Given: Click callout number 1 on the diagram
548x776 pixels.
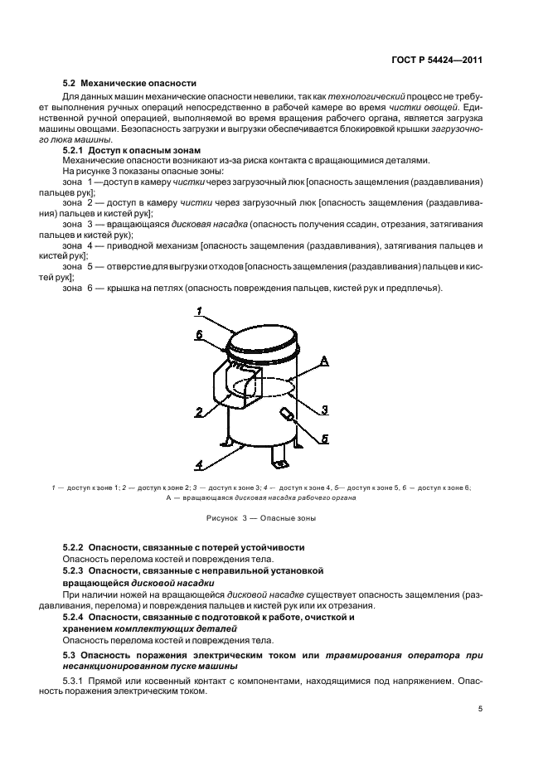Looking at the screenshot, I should pos(200,311).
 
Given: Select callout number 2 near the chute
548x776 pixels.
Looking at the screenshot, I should pos(200,411).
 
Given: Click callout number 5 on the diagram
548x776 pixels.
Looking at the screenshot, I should pos(326,439).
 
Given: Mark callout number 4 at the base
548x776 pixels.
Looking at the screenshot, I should pos(200,464).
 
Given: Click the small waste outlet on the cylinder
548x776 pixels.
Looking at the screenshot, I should pos(286,415).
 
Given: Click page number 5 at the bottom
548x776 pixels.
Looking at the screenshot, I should pos(481,709).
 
